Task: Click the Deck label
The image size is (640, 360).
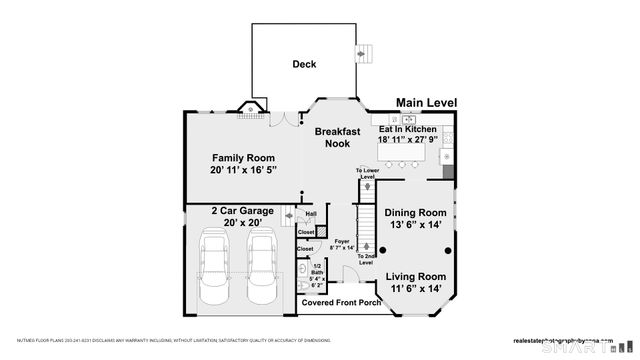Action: [304, 64]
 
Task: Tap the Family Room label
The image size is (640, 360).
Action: [243, 158]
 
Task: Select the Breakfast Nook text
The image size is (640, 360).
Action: [337, 138]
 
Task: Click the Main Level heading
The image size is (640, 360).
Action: [426, 103]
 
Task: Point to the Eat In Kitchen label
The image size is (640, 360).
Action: [407, 130]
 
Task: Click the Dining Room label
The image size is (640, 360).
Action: [415, 213]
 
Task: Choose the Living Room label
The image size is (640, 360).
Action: [416, 276]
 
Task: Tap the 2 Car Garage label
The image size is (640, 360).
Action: [242, 211]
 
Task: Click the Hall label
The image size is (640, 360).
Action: [311, 213]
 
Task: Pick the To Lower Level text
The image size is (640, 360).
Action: [368, 174]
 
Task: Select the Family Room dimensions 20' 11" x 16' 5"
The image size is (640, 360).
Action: [243, 171]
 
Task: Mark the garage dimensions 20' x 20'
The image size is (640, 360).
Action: [242, 223]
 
